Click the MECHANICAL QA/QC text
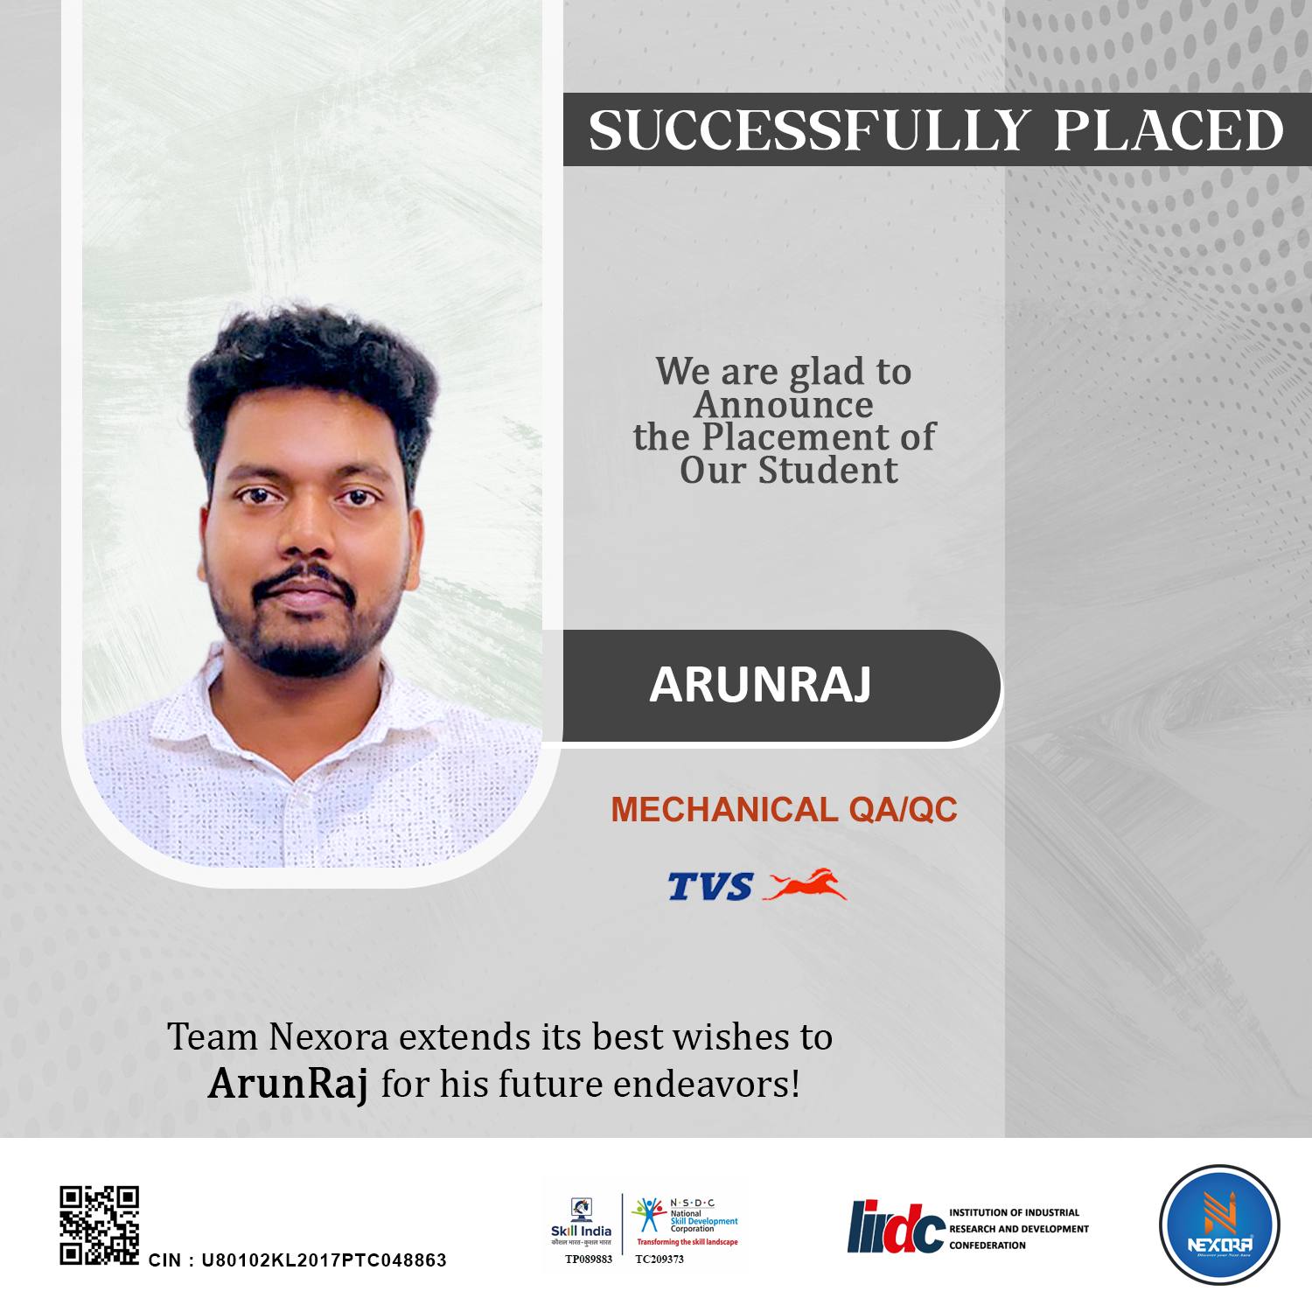pos(784,810)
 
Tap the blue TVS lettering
pos(709,887)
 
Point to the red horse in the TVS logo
pos(806,884)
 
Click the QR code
pos(99,1225)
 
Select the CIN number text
pos(297,1260)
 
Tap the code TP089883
pos(581,1260)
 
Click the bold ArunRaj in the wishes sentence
pos(288,1085)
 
